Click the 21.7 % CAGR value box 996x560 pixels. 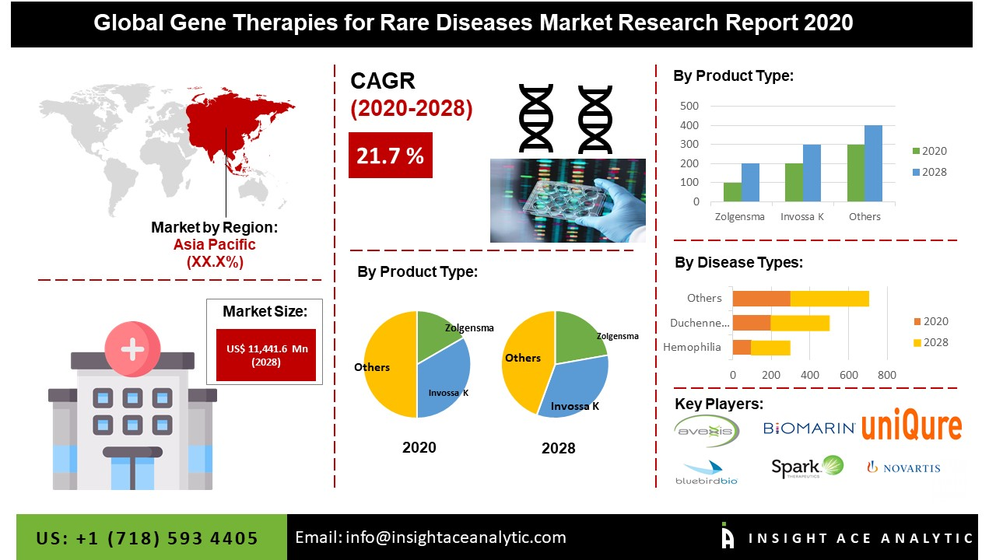pos(390,156)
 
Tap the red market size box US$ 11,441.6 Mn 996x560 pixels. pos(265,355)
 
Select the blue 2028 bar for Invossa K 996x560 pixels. pos(812,173)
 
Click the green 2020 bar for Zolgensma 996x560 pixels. pos(732,192)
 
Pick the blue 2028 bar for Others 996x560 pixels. pos(873,163)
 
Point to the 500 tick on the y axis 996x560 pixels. pos(689,106)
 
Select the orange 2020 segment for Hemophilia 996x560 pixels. pos(742,347)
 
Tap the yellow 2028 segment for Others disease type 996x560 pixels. pos(829,298)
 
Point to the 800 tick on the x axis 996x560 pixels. pos(886,375)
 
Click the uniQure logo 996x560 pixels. pos(911,427)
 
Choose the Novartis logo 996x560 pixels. pos(903,467)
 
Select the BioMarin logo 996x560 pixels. pos(809,428)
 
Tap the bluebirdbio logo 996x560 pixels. pos(706,472)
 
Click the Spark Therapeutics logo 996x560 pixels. pos(806,467)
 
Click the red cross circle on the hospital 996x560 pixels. pos(133,348)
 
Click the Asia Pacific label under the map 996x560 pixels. pos(214,244)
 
